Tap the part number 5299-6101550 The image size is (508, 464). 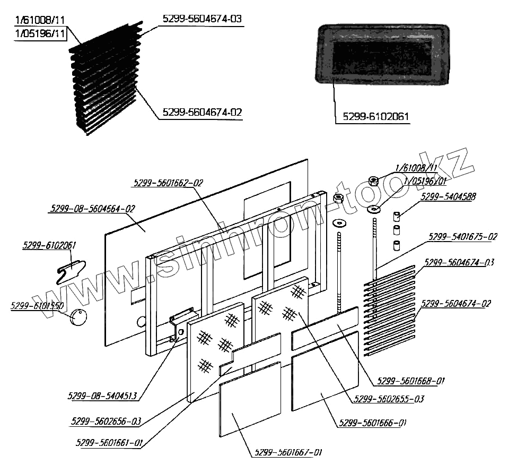click(x=37, y=306)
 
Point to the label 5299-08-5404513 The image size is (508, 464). click(x=102, y=396)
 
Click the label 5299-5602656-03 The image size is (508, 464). click(x=106, y=422)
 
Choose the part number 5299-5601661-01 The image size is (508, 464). click(x=109, y=442)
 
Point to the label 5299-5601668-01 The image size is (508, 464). click(x=410, y=381)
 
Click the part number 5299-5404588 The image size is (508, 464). click(x=448, y=196)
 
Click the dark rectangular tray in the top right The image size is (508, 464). click(x=383, y=55)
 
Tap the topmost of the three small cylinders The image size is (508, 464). click(x=396, y=217)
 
